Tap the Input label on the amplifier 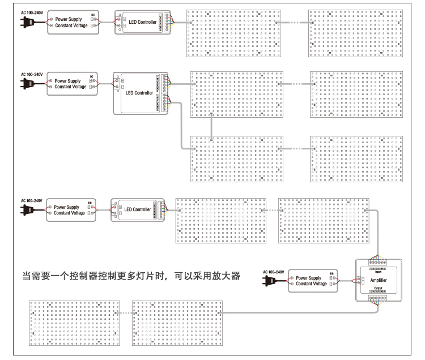378,272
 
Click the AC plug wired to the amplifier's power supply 270,280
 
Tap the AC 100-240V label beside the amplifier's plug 275,272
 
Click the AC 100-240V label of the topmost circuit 32,12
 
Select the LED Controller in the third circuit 139,209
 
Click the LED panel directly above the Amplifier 324,220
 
